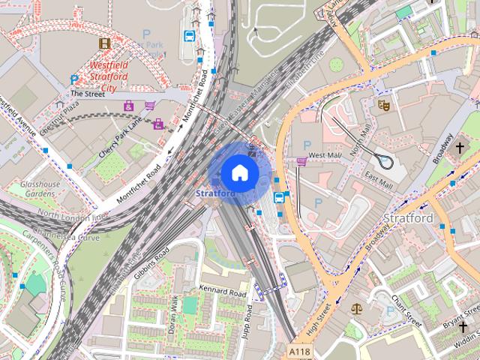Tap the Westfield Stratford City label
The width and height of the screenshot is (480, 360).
tap(104, 76)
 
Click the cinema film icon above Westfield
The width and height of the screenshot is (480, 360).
tap(104, 43)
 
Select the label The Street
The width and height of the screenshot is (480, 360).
tap(85, 94)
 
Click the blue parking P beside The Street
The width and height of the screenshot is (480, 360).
tap(73, 80)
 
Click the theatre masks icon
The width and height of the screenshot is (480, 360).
tap(382, 106)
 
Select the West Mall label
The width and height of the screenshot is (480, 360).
tap(325, 154)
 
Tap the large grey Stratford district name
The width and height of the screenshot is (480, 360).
tap(409, 218)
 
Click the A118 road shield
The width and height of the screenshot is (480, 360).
tap(298, 349)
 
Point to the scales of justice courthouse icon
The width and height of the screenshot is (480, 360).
tap(355, 307)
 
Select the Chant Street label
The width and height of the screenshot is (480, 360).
tap(406, 308)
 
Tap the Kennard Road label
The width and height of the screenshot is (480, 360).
tap(223, 291)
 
